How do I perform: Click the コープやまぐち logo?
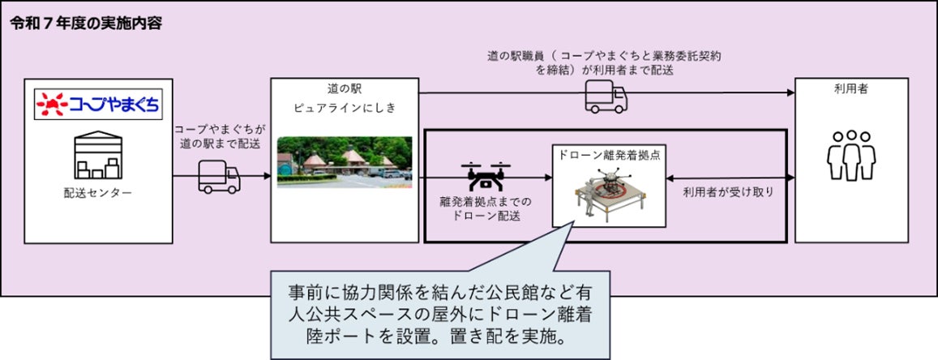click(x=98, y=105)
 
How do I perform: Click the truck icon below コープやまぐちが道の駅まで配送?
click(x=219, y=175)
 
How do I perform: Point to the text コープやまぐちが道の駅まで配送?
click(x=219, y=136)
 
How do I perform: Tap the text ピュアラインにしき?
click(x=345, y=107)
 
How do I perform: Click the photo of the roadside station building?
click(x=345, y=161)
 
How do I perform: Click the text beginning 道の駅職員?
click(x=604, y=62)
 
